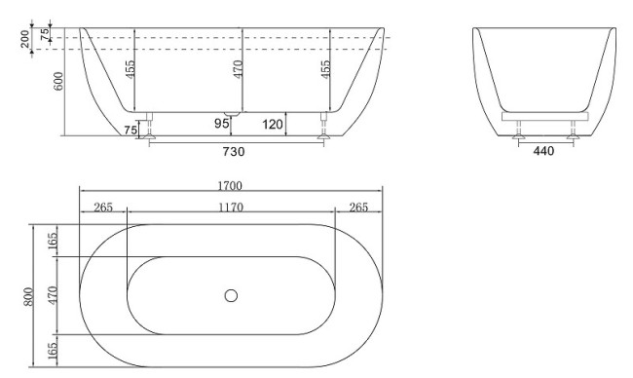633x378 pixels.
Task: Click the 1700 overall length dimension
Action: tap(231, 185)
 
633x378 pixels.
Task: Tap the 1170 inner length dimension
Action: tap(231, 207)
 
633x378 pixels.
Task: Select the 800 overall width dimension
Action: tap(29, 296)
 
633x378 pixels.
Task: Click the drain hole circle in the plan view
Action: tap(231, 295)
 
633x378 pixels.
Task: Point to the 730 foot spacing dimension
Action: tap(234, 151)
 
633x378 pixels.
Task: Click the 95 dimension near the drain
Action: tap(221, 124)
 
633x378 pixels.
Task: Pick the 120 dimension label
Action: tap(272, 124)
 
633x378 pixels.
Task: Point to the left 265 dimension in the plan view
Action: tap(103, 207)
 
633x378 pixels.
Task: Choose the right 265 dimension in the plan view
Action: tap(358, 207)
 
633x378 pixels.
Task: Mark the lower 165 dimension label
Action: tap(54, 350)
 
